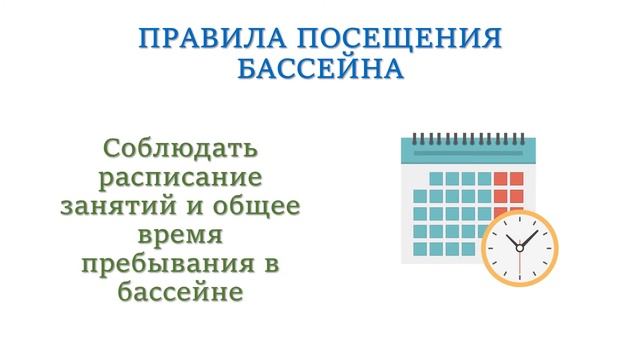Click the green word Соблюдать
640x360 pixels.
click(x=180, y=150)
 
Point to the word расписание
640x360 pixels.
click(x=180, y=179)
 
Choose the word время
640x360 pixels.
click(x=180, y=238)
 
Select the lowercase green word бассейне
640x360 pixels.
click(x=180, y=295)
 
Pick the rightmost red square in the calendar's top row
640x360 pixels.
click(x=515, y=179)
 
